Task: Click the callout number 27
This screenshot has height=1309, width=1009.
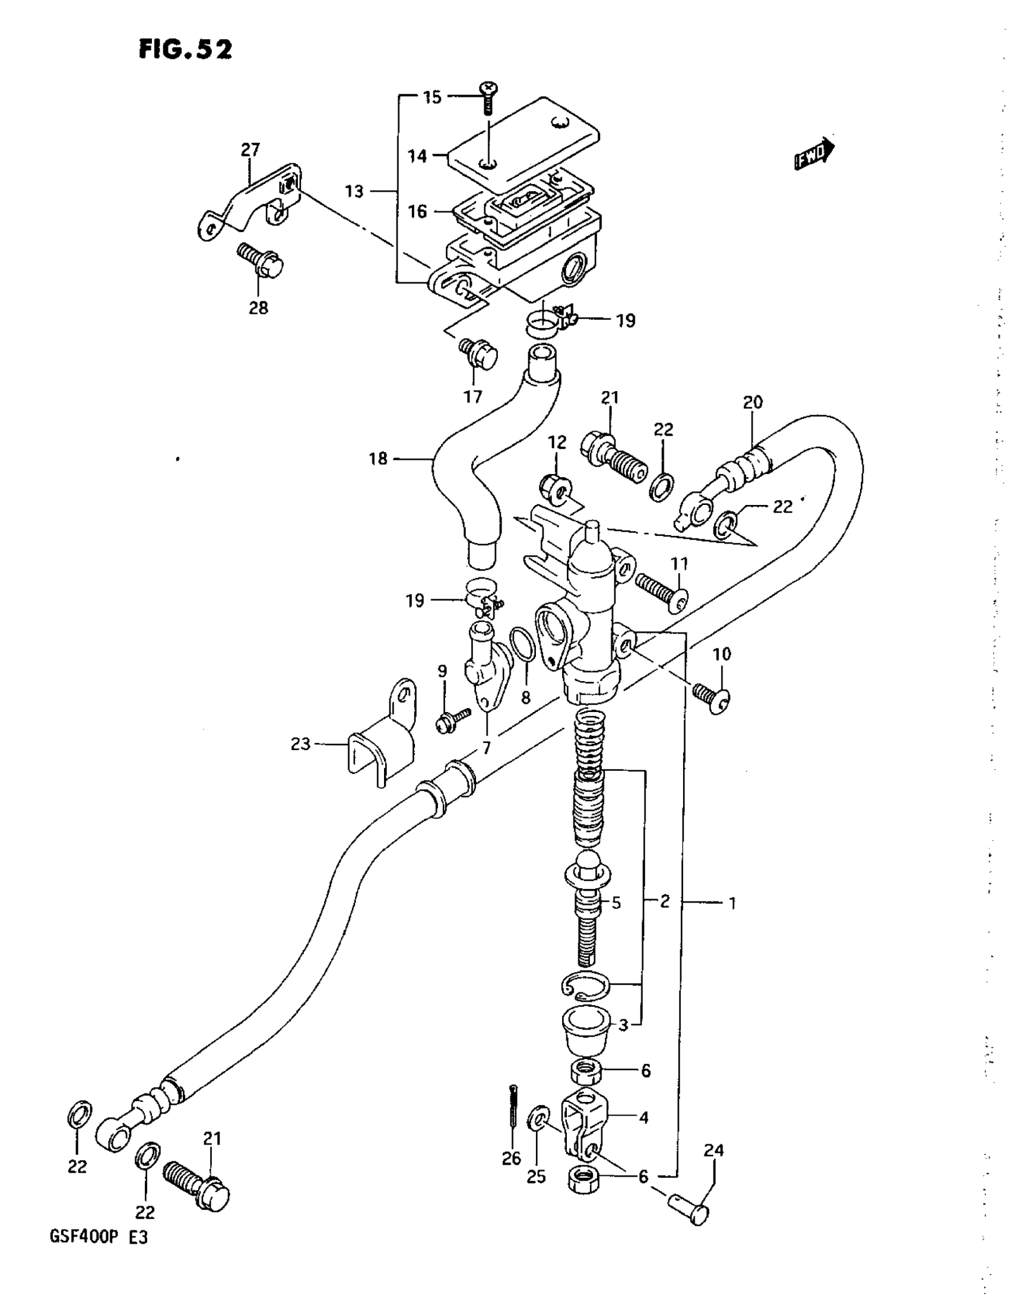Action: [x=250, y=150]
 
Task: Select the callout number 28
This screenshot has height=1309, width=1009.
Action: [x=258, y=308]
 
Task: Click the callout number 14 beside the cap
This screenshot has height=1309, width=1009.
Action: [x=417, y=157]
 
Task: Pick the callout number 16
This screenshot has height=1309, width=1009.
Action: [x=418, y=211]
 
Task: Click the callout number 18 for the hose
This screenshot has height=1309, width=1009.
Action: [x=379, y=459]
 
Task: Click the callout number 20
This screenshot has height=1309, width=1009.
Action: [x=753, y=402]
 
